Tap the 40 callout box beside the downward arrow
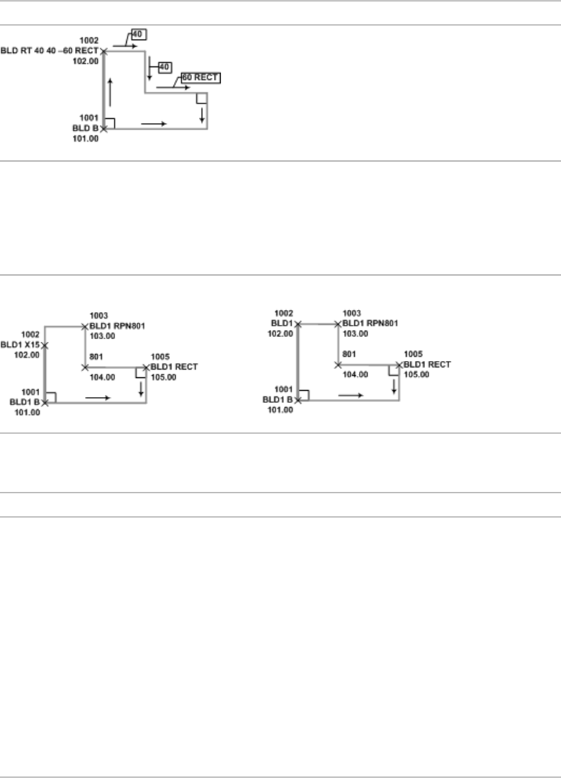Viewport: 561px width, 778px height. tap(165, 67)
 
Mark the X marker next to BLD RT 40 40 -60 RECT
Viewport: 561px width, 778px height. tap(104, 51)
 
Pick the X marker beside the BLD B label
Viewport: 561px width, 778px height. tap(104, 129)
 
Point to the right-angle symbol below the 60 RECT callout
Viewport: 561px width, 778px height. tap(201, 98)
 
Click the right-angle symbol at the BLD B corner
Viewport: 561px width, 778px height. tap(109, 123)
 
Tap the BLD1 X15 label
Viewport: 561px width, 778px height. tap(19, 345)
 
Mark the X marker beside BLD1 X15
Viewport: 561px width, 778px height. tap(45, 345)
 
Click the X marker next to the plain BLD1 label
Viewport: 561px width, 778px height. tap(298, 324)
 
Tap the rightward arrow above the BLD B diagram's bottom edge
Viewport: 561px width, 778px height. tap(154, 123)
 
